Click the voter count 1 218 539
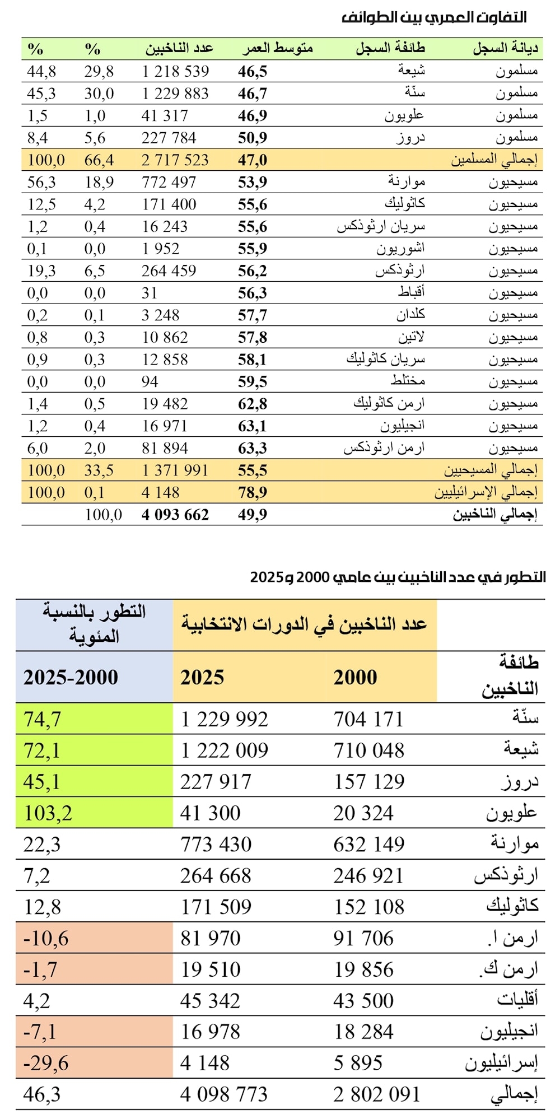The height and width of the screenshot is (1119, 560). pos(175,71)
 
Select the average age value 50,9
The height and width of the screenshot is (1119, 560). pos(253,138)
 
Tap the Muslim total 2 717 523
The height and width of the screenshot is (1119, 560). pos(175,160)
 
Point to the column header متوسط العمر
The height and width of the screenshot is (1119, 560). pos(277,49)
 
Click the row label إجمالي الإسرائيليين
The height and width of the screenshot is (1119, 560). pos(486,492)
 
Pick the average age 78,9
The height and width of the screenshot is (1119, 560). pos(253,492)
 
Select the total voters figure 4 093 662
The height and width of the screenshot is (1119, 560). pos(175,514)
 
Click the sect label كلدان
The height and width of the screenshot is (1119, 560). pos(410,315)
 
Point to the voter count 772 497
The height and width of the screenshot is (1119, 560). pos(169,182)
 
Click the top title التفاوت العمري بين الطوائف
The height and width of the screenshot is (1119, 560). pos(434,17)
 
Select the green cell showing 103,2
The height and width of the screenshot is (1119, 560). pos(48,813)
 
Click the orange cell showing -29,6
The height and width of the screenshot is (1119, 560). pos(46,1062)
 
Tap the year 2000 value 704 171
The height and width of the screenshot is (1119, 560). pos(368,719)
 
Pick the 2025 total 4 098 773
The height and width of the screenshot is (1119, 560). pos(224,1094)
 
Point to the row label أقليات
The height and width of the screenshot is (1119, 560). pos(517,1000)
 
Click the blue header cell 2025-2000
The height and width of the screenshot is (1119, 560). pos(71,677)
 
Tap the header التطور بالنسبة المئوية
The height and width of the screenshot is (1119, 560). pos(94,623)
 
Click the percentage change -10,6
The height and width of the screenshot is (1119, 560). pos(46,938)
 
